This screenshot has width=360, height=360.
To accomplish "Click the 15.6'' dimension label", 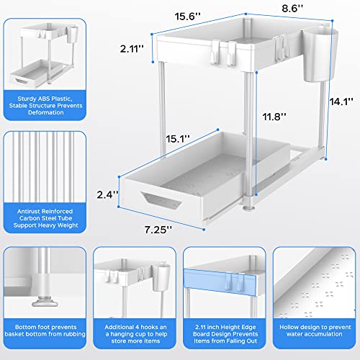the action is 187,17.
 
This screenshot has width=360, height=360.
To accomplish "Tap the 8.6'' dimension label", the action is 292,9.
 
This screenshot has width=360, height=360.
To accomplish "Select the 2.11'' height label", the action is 132,49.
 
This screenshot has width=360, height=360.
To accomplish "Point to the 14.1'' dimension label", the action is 341,102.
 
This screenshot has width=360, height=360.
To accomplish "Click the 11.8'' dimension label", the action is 274,117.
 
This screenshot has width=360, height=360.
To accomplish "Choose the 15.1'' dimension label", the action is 178,139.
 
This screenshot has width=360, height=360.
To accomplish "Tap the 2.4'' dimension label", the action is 107,194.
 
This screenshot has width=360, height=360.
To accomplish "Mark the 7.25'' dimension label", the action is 158,230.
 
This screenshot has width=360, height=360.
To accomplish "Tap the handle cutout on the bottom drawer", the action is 161,200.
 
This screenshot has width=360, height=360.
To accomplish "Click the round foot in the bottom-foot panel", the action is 45,302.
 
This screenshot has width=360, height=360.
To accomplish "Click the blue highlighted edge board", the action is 220,282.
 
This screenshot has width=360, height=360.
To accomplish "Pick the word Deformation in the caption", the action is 46,112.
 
